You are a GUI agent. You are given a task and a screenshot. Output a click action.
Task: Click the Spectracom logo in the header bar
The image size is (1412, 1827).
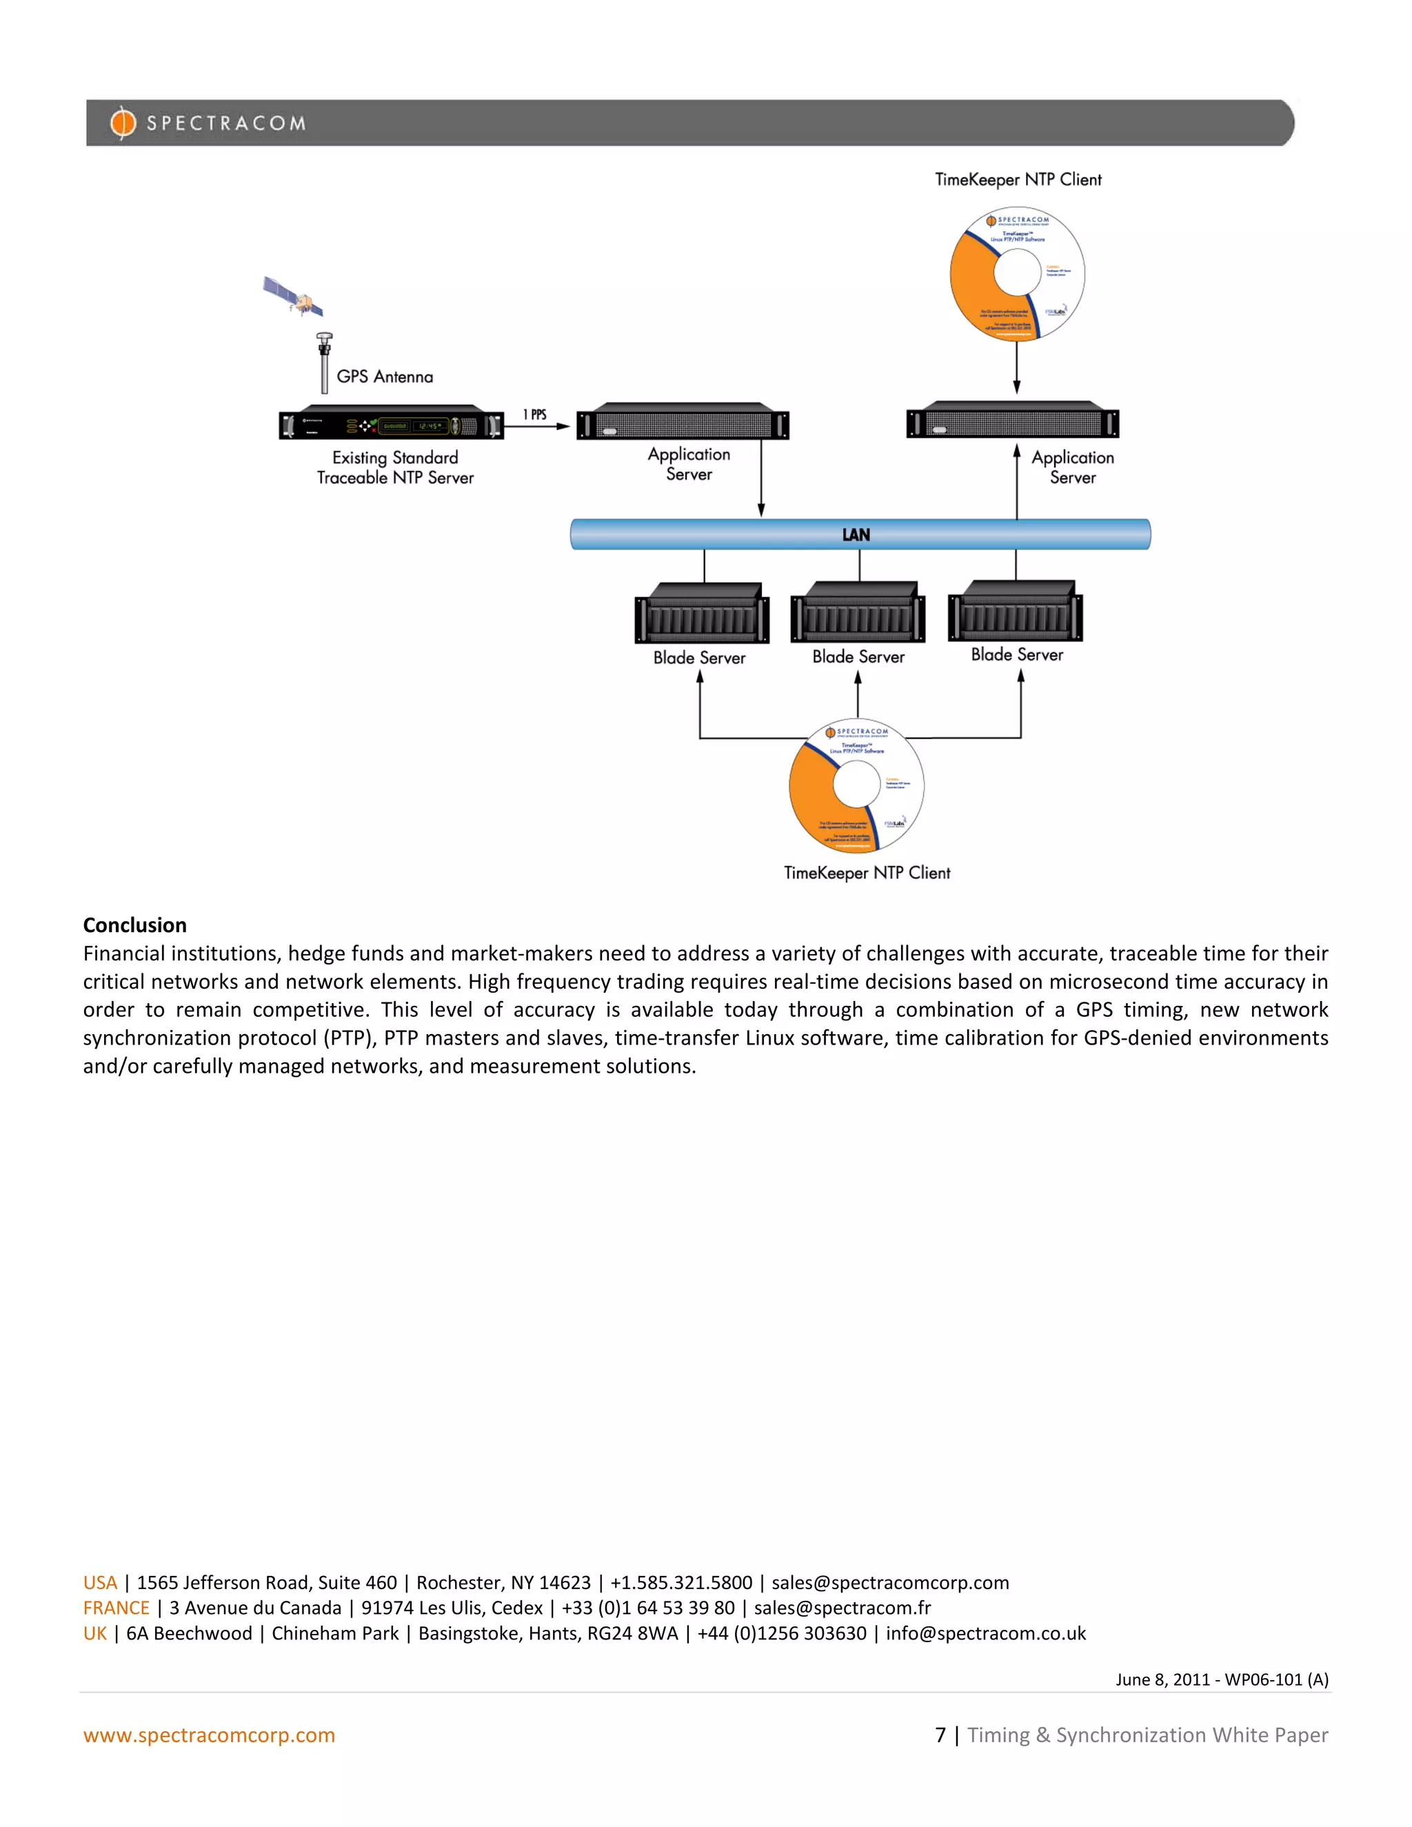(x=208, y=123)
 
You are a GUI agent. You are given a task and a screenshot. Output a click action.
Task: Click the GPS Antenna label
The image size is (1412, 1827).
(x=385, y=376)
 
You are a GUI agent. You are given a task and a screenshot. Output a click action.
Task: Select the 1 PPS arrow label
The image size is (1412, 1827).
(x=534, y=414)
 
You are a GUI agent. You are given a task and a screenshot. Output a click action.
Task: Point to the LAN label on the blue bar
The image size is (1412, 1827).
(x=856, y=534)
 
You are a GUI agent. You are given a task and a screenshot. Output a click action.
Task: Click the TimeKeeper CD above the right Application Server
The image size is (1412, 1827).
(x=1017, y=274)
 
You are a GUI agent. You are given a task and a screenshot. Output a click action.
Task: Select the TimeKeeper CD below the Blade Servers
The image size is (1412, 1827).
(x=856, y=785)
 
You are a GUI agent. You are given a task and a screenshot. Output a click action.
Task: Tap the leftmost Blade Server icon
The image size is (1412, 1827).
(x=702, y=614)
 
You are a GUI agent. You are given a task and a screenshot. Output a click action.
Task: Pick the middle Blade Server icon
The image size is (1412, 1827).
(x=858, y=613)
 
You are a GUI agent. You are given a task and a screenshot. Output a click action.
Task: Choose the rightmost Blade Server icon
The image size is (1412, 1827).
(x=1016, y=612)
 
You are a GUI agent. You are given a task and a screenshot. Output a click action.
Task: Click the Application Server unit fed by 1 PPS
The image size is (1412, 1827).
(x=683, y=422)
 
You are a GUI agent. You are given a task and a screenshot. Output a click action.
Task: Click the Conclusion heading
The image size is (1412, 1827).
(x=134, y=925)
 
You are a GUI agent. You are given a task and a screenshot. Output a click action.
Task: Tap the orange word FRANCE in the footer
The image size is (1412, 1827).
(x=117, y=1608)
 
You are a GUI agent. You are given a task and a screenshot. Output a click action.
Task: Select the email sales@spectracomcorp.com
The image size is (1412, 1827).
(x=890, y=1583)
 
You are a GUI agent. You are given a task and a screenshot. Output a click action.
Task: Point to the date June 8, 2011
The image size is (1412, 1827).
(x=1162, y=1679)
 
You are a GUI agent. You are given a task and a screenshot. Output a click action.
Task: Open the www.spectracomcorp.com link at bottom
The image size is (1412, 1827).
(x=209, y=1735)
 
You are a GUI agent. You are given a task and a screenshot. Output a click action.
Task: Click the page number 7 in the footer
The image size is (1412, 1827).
(x=940, y=1735)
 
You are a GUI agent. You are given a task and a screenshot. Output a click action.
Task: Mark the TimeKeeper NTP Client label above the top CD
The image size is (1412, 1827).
(x=1018, y=180)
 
